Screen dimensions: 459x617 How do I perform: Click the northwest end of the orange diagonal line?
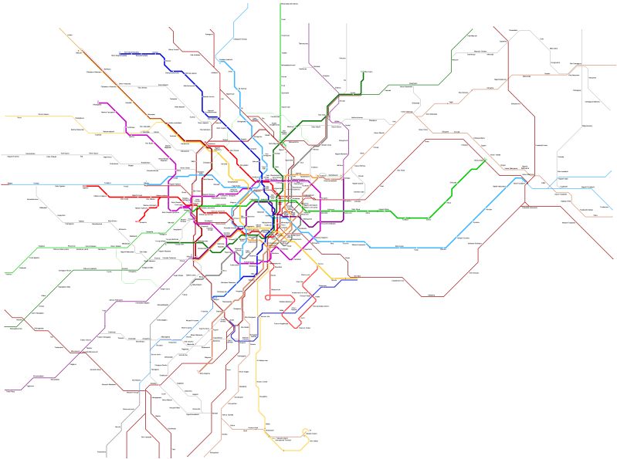click(x=59, y=29)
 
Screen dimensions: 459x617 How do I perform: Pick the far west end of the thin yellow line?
click(x=5, y=118)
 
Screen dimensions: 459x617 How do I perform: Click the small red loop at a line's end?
click(x=268, y=298)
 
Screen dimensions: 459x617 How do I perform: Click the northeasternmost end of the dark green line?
click(x=471, y=32)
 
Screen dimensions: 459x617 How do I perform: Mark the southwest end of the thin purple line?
click(x=5, y=390)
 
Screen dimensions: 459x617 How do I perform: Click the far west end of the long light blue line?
click(x=4, y=184)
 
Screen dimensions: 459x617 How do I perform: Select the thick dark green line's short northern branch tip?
click(x=363, y=72)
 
